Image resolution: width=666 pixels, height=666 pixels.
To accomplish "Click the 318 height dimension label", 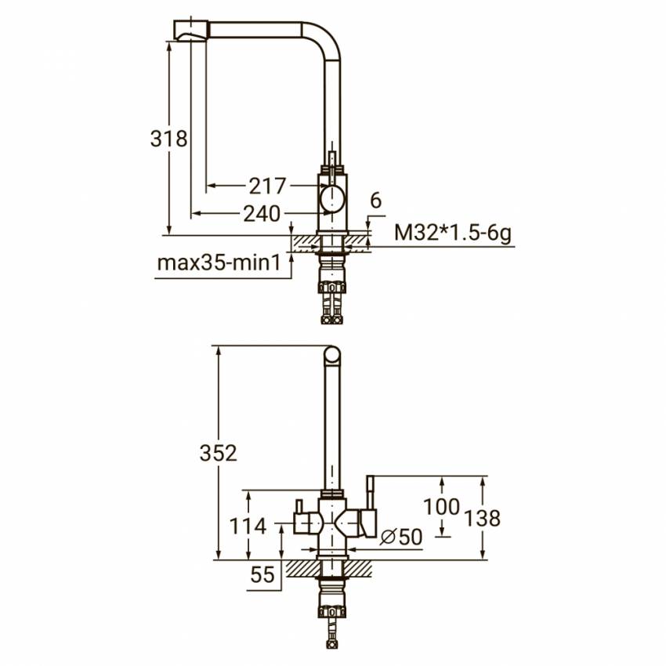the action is [x=168, y=139].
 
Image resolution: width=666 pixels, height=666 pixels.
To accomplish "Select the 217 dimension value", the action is [x=267, y=186].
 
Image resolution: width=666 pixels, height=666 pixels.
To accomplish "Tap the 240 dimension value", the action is [x=262, y=214].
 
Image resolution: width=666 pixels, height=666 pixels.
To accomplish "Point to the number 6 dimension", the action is [x=376, y=201].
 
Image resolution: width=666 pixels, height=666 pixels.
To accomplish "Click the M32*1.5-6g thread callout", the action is [x=453, y=233].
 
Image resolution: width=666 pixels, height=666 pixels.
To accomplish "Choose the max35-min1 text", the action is [x=219, y=263].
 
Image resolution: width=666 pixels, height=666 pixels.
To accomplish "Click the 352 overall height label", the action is [x=219, y=453].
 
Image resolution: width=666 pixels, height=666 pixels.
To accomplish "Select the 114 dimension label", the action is [x=248, y=527].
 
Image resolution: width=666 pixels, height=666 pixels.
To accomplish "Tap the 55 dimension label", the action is [x=262, y=575].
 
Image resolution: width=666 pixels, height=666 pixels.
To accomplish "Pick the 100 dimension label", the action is [x=442, y=507].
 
